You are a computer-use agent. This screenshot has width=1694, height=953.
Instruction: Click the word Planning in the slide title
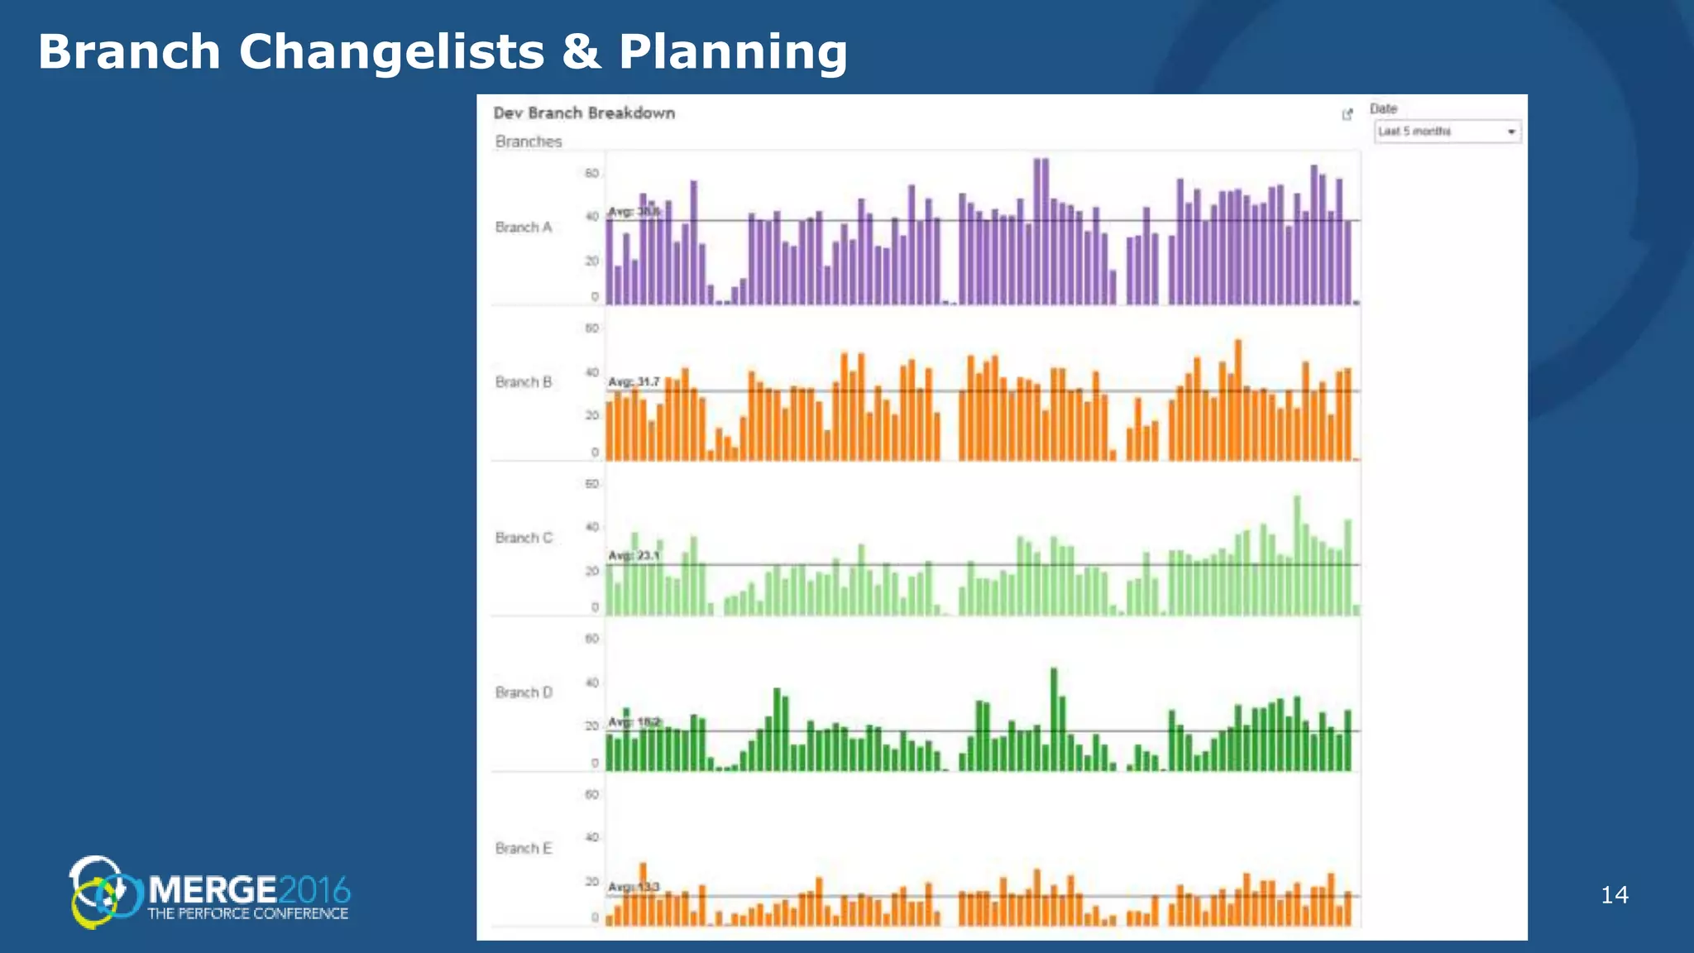(733, 52)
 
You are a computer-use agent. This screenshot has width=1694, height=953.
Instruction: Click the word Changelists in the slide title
(391, 52)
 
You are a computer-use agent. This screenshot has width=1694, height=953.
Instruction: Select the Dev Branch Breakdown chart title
(584, 113)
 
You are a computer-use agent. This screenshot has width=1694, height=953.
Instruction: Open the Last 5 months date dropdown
(1448, 132)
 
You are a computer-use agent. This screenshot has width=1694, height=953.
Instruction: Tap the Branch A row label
(523, 227)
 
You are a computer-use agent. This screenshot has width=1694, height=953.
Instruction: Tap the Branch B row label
(523, 382)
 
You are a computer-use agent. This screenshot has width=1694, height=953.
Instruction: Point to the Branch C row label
(523, 538)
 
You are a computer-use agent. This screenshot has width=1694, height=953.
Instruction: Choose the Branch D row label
(523, 692)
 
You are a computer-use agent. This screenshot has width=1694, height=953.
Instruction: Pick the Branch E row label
(523, 848)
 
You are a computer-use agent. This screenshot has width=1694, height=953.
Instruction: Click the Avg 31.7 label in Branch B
(634, 381)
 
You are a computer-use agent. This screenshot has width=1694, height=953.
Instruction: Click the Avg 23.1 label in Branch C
(634, 555)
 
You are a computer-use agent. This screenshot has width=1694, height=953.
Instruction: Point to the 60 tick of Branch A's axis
(591, 174)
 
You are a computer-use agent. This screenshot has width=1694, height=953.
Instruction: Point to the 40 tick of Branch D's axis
(591, 682)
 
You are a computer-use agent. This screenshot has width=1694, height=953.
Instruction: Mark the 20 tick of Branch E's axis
(591, 882)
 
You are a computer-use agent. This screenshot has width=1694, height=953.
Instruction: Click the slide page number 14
(1615, 895)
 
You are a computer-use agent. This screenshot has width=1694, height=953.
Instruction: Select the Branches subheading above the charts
(528, 141)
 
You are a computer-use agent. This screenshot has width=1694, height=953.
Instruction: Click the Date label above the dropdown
(1383, 108)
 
